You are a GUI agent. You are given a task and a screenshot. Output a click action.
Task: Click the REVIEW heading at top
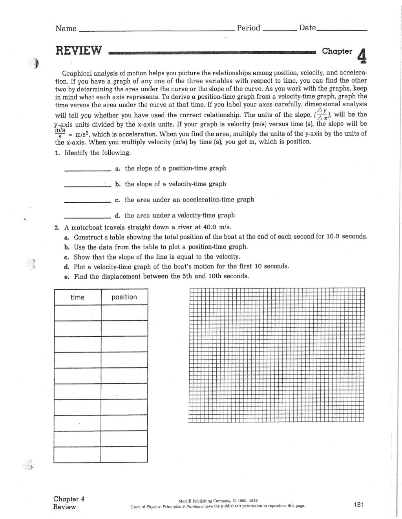[x=79, y=51]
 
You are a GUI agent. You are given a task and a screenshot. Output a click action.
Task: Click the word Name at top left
[x=66, y=28]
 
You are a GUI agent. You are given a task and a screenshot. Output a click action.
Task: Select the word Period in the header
[x=248, y=28]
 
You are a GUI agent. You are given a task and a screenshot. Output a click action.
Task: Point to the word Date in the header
[x=307, y=28]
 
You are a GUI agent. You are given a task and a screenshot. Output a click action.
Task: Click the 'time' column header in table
[x=77, y=297]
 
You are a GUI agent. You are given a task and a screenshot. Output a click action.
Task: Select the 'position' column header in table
[x=124, y=297]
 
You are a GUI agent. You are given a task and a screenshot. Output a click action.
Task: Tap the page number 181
[x=359, y=504]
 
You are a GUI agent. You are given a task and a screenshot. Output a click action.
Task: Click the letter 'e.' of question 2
[x=67, y=276]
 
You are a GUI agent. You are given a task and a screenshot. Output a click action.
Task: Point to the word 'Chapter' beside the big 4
[x=337, y=51]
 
